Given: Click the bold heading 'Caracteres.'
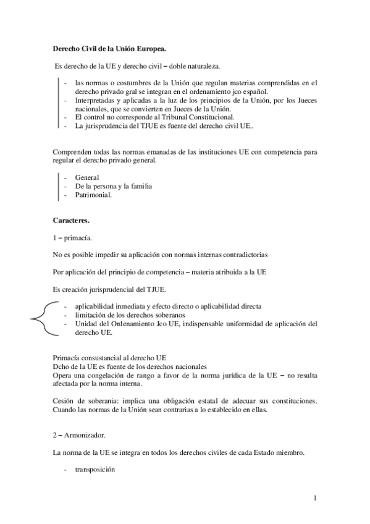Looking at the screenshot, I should [x=70, y=220].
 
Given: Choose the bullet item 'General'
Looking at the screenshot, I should [x=86, y=177].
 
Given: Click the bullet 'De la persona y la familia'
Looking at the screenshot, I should [x=113, y=185].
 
